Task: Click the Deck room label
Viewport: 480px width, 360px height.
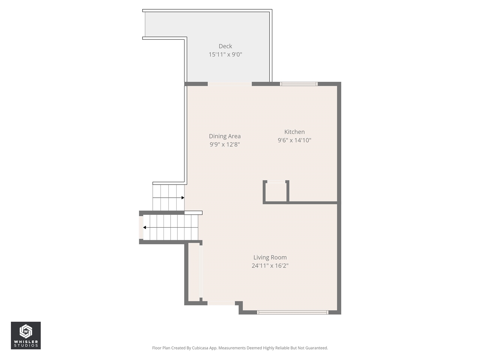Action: click(x=225, y=46)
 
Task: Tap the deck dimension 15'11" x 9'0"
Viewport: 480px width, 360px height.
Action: click(x=225, y=55)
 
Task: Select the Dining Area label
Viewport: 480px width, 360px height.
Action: click(x=225, y=136)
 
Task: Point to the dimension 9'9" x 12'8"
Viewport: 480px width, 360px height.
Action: click(x=225, y=144)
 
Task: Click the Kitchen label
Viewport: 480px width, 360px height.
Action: click(x=294, y=132)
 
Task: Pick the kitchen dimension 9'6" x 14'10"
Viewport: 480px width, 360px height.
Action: click(x=294, y=140)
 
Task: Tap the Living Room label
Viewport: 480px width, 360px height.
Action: click(x=270, y=257)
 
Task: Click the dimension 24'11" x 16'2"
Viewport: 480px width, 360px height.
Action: click(x=270, y=266)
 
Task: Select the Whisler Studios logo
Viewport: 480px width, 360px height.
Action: click(x=26, y=335)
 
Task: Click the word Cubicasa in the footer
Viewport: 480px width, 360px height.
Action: click(x=200, y=348)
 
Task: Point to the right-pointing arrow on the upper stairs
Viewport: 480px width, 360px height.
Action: click(x=182, y=198)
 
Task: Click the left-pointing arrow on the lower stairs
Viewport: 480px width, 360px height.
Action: click(x=145, y=227)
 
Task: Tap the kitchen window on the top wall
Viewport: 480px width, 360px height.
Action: click(x=299, y=84)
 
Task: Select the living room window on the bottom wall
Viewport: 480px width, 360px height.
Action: click(x=292, y=312)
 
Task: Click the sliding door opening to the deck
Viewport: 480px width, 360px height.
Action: click(x=229, y=84)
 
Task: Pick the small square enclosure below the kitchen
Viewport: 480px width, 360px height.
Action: click(x=276, y=192)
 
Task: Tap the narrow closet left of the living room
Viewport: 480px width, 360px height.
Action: click(x=194, y=271)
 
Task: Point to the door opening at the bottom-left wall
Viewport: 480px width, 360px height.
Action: click(x=221, y=303)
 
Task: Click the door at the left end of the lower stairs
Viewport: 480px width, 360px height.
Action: click(x=141, y=227)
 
